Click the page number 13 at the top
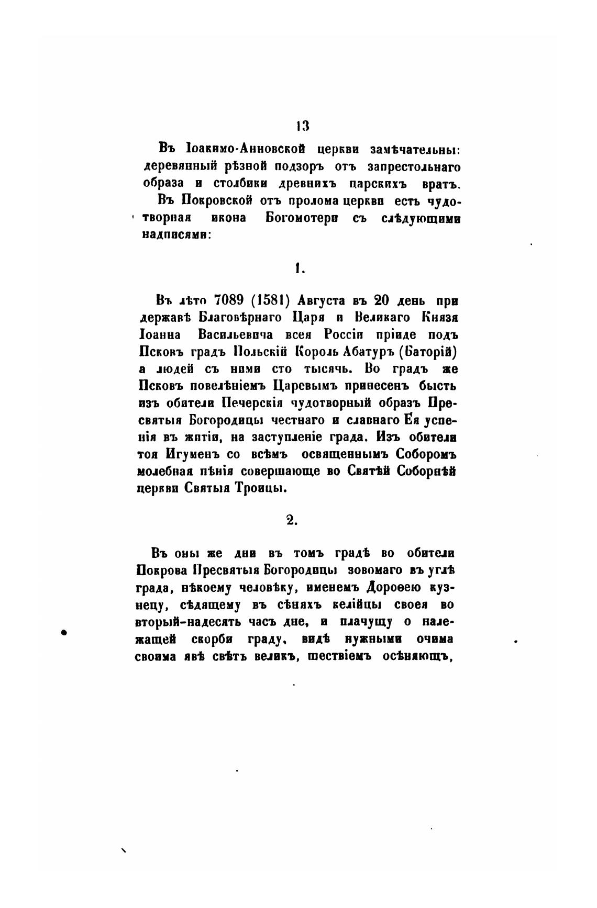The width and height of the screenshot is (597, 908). pyautogui.click(x=301, y=126)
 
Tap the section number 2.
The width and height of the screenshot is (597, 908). pyautogui.click(x=292, y=519)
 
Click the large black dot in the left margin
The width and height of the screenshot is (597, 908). pyautogui.click(x=65, y=632)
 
